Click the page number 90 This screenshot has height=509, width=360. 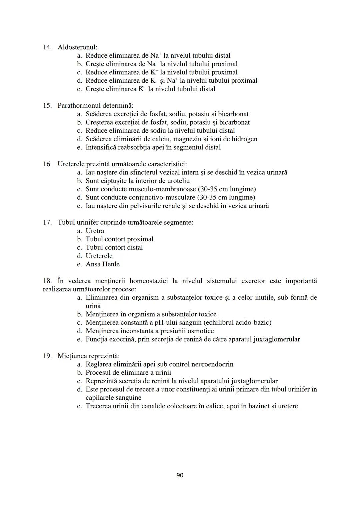pyautogui.click(x=180, y=475)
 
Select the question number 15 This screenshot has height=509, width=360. pyautogui.click(x=47, y=106)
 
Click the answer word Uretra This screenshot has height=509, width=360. pyautogui.click(x=95, y=231)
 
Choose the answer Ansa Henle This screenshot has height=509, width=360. pyautogui.click(x=103, y=264)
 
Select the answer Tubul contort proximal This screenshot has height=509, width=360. pyautogui.click(x=119, y=239)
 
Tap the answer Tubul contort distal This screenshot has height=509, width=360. pyautogui.click(x=114, y=247)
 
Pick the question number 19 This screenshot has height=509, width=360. pyautogui.click(x=47, y=356)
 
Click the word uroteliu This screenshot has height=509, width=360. pyautogui.click(x=176, y=181)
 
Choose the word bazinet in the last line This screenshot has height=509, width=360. pyautogui.click(x=258, y=406)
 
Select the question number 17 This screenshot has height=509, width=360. pyautogui.click(x=47, y=222)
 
